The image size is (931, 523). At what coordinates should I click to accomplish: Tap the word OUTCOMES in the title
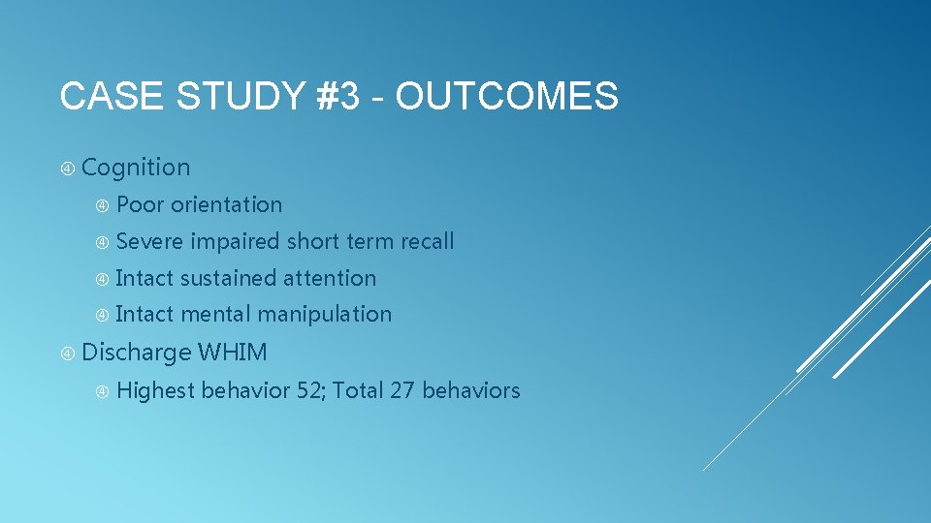pyautogui.click(x=507, y=97)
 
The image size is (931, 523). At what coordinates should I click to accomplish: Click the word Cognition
pyautogui.click(x=136, y=168)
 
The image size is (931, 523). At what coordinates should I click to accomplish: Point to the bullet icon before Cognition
pyautogui.click(x=68, y=169)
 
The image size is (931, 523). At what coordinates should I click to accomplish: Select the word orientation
pyautogui.click(x=227, y=205)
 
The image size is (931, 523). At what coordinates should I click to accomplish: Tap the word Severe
pyautogui.click(x=149, y=242)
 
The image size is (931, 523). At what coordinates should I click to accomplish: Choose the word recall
pyautogui.click(x=424, y=242)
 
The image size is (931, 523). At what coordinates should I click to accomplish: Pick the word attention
pyautogui.click(x=330, y=279)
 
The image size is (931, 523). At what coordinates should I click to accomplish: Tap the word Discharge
pyautogui.click(x=136, y=353)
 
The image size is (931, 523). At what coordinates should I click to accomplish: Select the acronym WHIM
pyautogui.click(x=233, y=353)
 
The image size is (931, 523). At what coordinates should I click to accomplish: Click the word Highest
pyautogui.click(x=155, y=391)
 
